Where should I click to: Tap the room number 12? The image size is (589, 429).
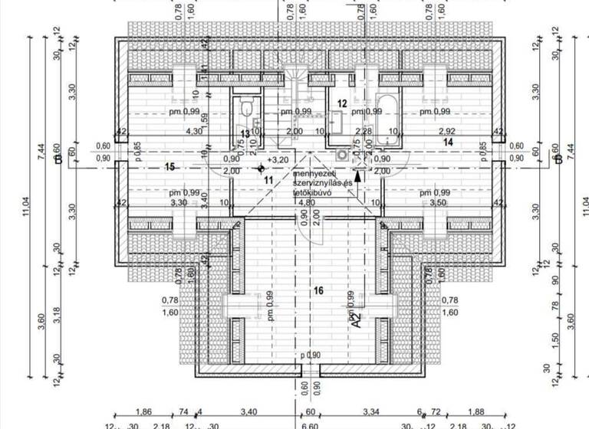tap(342, 103)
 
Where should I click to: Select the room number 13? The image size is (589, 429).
tap(245, 133)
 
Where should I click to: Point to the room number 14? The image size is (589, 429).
tap(449, 142)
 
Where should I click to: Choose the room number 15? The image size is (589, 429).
tap(169, 166)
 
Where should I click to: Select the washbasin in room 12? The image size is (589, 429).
tap(336, 120)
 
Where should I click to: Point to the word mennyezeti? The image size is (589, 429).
tap(314, 175)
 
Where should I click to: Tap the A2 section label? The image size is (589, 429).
tap(355, 319)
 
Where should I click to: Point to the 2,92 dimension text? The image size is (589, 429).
tap(446, 131)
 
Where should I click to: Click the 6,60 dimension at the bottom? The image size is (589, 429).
tap(309, 424)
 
